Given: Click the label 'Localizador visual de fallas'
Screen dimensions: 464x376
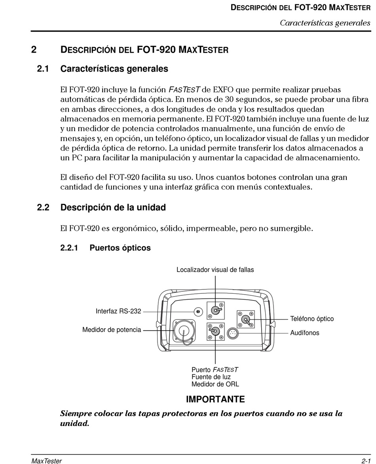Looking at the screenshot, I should pyautogui.click(x=215, y=270).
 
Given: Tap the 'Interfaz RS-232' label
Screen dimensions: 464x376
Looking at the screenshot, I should pyautogui.click(x=118, y=311).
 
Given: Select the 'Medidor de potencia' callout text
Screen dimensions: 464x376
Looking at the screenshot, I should pyautogui.click(x=112, y=329).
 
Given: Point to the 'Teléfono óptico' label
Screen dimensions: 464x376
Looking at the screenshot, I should pyautogui.click(x=312, y=319).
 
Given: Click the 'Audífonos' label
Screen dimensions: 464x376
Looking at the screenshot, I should pyautogui.click(x=305, y=333).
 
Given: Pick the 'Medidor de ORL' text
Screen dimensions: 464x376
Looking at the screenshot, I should pyautogui.click(x=215, y=384).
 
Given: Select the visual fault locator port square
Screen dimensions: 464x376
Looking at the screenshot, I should pyautogui.click(x=215, y=310).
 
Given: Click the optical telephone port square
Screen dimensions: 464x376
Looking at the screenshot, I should pyautogui.click(x=246, y=319).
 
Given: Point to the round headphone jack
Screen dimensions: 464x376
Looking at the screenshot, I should pyautogui.click(x=232, y=333).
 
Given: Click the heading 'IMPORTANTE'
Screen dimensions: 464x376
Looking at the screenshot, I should pyautogui.click(x=215, y=399).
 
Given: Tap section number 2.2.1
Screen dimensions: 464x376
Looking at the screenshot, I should pyautogui.click(x=69, y=248).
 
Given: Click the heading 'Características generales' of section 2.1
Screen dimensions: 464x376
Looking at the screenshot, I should pyautogui.click(x=114, y=69).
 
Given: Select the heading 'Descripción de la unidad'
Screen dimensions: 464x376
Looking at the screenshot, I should pyautogui.click(x=113, y=207).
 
